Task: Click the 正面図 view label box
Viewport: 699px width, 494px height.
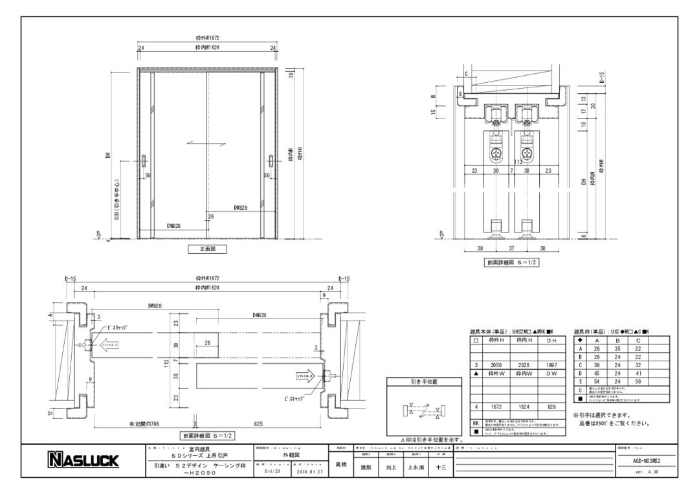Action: click(207, 249)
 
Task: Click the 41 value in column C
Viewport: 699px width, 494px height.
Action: click(638, 373)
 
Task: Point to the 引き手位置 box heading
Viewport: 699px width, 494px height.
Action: click(425, 383)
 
